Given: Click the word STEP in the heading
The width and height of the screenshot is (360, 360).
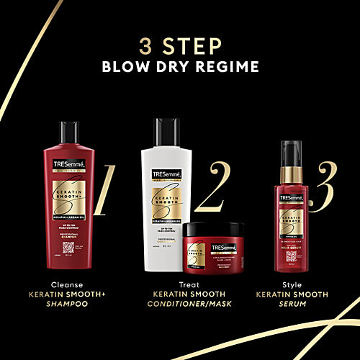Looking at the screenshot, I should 192,48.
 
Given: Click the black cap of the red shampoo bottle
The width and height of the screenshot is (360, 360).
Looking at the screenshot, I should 70,130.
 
